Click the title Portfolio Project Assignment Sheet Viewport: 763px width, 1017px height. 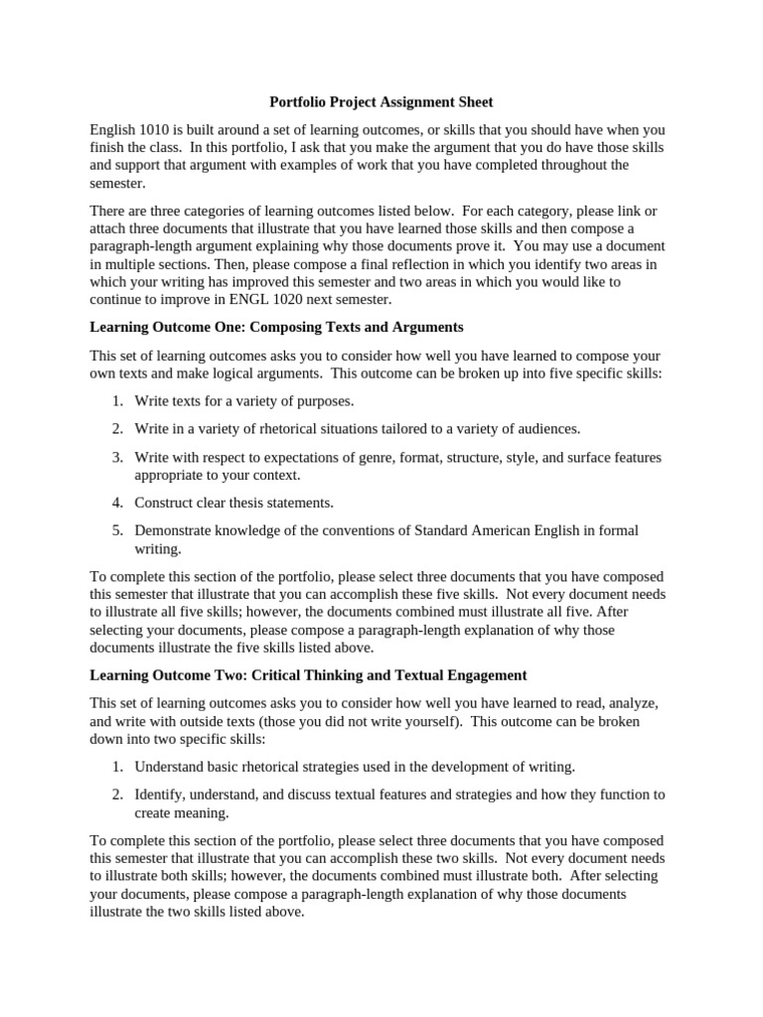[x=381, y=102]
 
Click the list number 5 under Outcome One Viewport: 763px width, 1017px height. [x=116, y=530]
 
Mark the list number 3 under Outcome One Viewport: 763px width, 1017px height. [x=116, y=457]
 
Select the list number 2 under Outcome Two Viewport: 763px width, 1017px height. [x=116, y=795]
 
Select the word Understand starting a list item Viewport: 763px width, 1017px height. [x=170, y=767]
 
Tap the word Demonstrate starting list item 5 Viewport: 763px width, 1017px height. [x=177, y=530]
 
